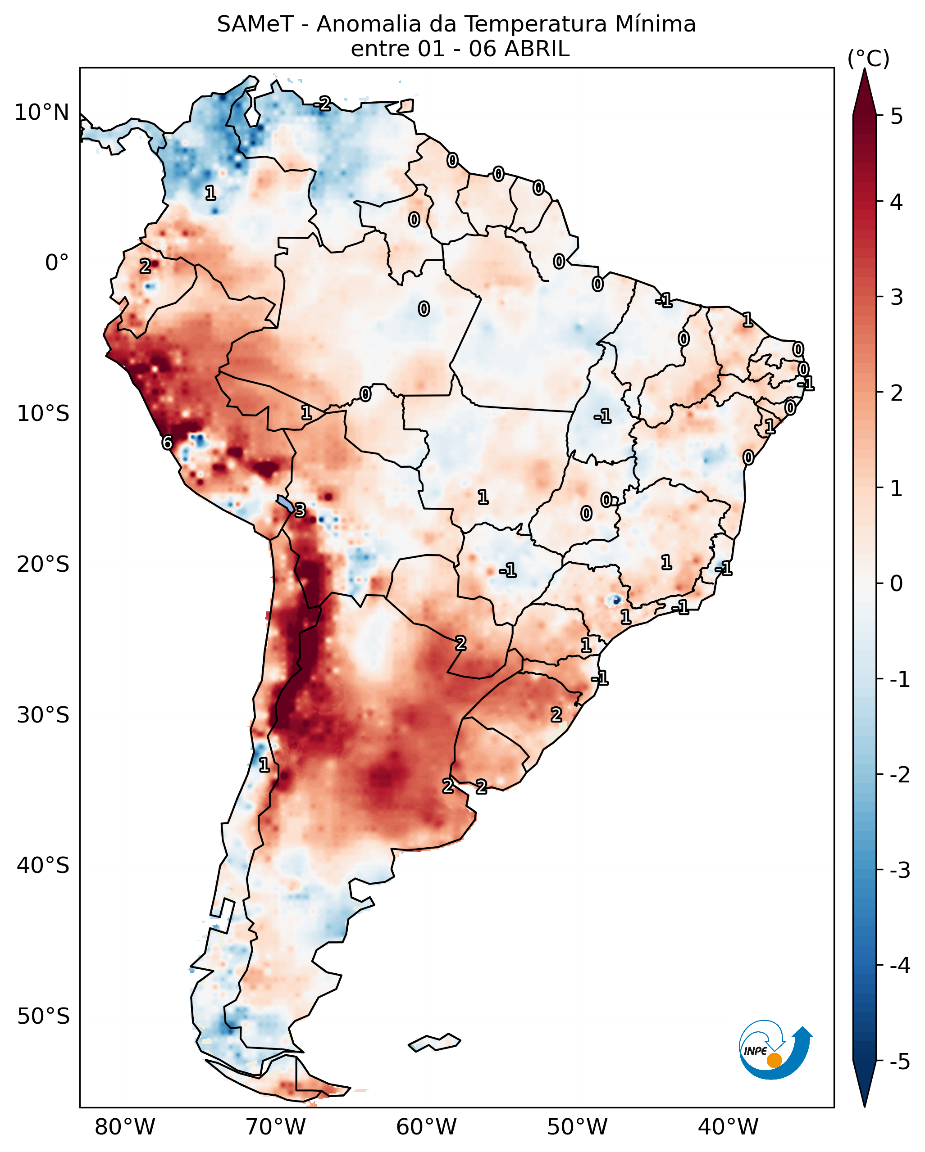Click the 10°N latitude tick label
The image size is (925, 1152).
(x=42, y=113)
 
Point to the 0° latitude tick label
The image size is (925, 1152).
(x=57, y=263)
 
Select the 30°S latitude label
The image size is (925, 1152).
(x=43, y=715)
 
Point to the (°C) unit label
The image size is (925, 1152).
(x=868, y=59)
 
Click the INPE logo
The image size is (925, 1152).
(x=775, y=1049)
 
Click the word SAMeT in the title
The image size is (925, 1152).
(x=255, y=25)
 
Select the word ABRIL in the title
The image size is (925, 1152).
(x=537, y=49)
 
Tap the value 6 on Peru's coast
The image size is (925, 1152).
(x=167, y=443)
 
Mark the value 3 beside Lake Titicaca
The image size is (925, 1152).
(x=300, y=510)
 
